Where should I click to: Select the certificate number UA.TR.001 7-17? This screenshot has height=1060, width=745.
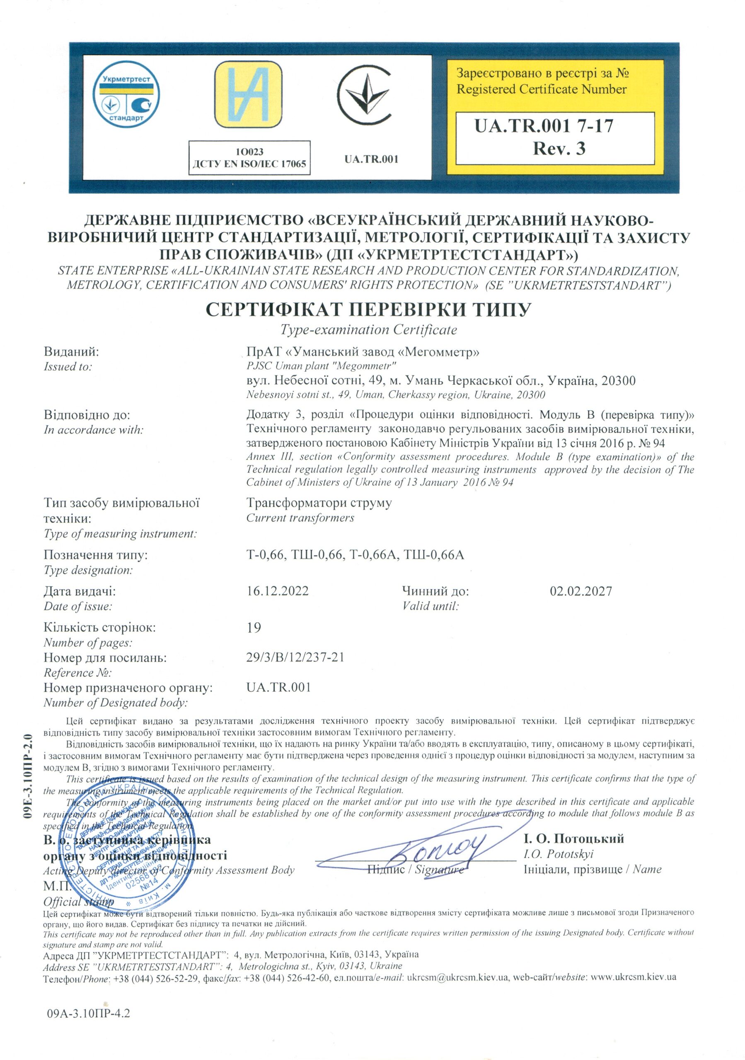544,125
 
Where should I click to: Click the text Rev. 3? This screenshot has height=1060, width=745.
559,148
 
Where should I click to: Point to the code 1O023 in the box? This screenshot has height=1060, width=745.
249,152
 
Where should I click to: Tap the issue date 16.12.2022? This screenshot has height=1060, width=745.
277,591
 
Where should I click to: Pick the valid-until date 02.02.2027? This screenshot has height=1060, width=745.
581,591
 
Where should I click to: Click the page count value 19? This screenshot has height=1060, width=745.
254,627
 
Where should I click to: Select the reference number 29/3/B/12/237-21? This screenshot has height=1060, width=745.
295,657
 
